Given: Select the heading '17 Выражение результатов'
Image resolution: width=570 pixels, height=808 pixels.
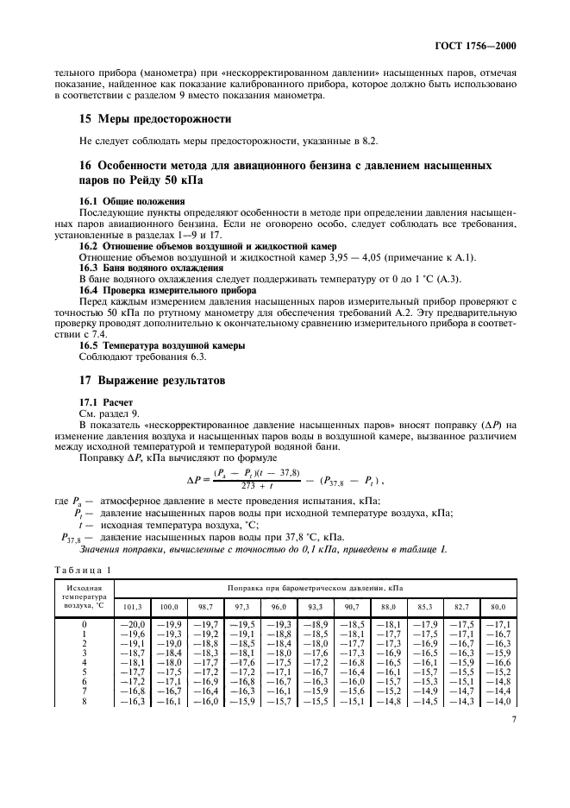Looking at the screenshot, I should pyautogui.click(x=152, y=379).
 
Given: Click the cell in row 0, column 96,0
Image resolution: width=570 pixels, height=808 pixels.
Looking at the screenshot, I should pyautogui.click(x=279, y=624).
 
